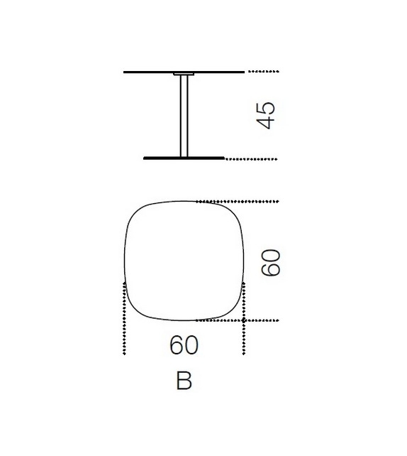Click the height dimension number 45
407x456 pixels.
[x=266, y=115]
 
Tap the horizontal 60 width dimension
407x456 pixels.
[x=184, y=346]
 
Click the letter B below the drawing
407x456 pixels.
[x=184, y=381]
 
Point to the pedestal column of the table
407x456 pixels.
[x=184, y=117]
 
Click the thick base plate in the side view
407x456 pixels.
[x=184, y=158]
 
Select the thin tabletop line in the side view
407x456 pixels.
[x=149, y=72]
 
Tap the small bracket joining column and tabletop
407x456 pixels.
[x=184, y=75]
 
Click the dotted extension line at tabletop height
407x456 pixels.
[x=263, y=72]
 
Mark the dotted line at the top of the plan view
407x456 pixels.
[x=241, y=201]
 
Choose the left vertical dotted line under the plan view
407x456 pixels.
[x=124, y=320]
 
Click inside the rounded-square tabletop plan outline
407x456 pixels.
[x=184, y=259]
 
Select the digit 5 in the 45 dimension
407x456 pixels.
[x=266, y=107]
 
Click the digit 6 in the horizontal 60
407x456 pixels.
[x=177, y=346]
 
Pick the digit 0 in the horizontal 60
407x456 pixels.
[x=191, y=346]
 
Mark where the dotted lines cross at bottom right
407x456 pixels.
[x=244, y=320]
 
